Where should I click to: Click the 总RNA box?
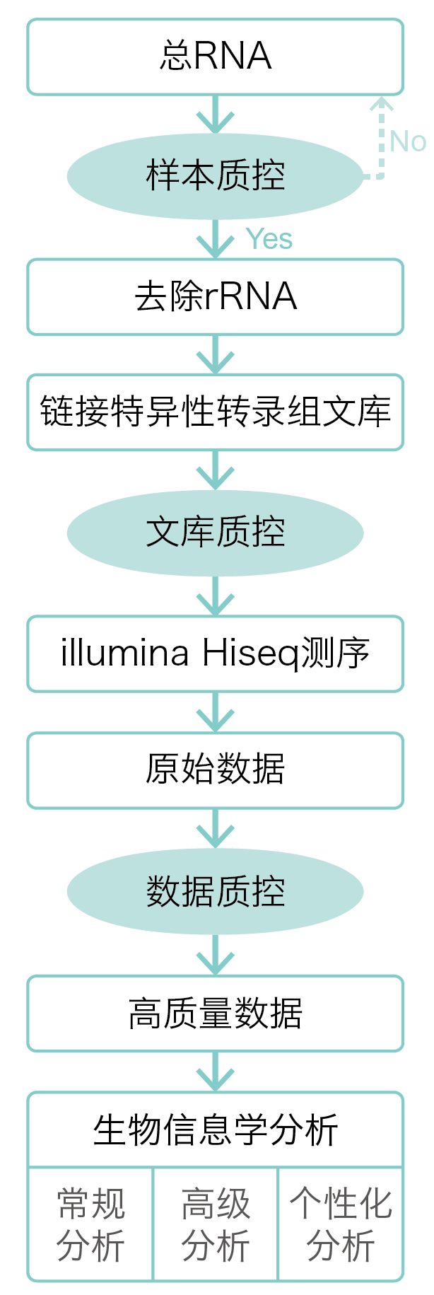[215, 57]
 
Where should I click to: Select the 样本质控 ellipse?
[215, 175]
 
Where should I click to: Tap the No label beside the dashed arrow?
[408, 141]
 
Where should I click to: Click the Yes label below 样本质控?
[269, 239]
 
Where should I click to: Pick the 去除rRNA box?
[215, 296]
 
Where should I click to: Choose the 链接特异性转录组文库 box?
[215, 412]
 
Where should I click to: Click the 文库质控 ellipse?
[215, 533]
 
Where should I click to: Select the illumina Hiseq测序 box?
[215, 654]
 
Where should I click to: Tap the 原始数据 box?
[215, 770]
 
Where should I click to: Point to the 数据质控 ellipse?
[215, 891]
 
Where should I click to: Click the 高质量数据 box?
[215, 1013]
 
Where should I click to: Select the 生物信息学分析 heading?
[215, 1130]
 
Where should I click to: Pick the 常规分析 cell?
[90, 1224]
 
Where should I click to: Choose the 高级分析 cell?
[216, 1224]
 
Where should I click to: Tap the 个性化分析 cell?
[341, 1224]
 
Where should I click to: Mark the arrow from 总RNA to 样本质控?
[215, 115]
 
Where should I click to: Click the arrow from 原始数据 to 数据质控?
[215, 829]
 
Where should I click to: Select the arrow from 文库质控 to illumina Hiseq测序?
[215, 596]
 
